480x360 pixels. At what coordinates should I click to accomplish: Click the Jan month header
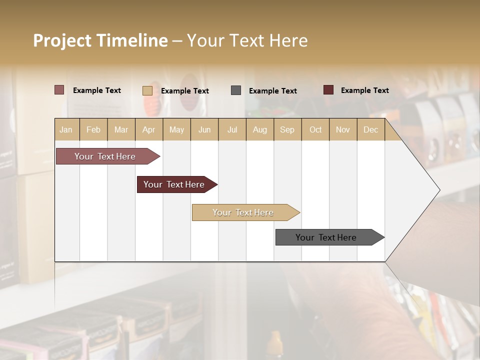tap(66, 129)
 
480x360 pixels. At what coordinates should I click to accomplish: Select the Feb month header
tap(93, 129)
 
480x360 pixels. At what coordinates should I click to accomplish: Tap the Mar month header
tap(121, 129)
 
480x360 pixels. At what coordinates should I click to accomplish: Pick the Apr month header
tap(149, 129)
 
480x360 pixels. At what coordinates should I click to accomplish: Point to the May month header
tap(176, 129)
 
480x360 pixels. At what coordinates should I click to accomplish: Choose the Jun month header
tap(204, 129)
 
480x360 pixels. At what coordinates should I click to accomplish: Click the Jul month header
tap(232, 129)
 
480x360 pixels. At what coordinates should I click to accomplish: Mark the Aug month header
tap(260, 129)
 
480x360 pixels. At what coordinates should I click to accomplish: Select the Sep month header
tap(287, 129)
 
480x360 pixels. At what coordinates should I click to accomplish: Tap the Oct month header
tap(315, 129)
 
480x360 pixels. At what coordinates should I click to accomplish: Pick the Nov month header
tap(343, 129)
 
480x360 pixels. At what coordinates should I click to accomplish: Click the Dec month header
tap(371, 129)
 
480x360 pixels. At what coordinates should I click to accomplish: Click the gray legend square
tap(236, 90)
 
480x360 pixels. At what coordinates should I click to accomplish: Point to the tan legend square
tap(147, 90)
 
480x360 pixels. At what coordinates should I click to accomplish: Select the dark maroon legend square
tap(328, 90)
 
